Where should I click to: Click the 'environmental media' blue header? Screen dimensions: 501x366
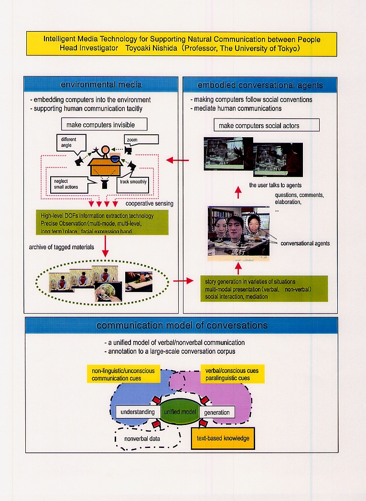tap(101, 85)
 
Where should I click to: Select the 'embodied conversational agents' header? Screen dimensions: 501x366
tap(260, 85)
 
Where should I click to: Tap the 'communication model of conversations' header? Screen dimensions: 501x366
tap(182, 326)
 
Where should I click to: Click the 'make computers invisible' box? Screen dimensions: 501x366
tap(104, 125)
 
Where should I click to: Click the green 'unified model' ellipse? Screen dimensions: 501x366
tap(179, 412)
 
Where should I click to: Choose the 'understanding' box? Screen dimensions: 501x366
tap(138, 412)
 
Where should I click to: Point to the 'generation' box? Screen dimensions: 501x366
tap(216, 412)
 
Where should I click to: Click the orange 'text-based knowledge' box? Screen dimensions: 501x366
tap(222, 438)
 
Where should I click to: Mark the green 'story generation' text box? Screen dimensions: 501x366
tap(263, 289)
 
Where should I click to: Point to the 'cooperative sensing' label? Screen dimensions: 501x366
tap(150, 204)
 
